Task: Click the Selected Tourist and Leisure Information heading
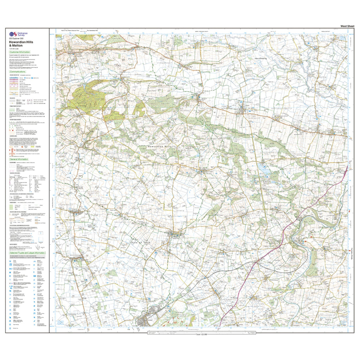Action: tap(27, 253)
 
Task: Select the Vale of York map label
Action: tap(139, 242)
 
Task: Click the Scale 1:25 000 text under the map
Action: tap(203, 334)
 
